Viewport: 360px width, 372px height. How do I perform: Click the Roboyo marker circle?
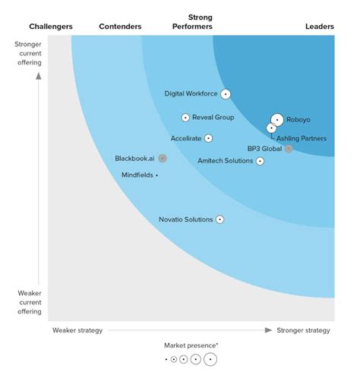(x=277, y=120)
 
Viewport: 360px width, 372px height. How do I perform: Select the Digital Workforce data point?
(x=225, y=94)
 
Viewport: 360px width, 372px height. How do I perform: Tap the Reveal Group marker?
(x=185, y=118)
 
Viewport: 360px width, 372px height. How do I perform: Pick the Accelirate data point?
(x=208, y=138)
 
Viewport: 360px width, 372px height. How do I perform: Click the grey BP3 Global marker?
(x=289, y=149)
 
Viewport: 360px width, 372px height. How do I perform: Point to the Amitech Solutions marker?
(x=261, y=161)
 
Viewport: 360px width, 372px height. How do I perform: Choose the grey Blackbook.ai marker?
(x=163, y=159)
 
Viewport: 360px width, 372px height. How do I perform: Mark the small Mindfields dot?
(x=156, y=175)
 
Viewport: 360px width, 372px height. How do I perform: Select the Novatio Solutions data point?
(x=219, y=219)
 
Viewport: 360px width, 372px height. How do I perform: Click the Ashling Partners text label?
(x=302, y=138)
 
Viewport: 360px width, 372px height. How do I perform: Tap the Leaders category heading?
(x=320, y=27)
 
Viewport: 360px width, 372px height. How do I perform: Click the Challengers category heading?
(x=51, y=27)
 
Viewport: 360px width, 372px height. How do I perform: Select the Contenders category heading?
(x=120, y=27)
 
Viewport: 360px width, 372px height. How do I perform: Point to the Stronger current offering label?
(x=28, y=53)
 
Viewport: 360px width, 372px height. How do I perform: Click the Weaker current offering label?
(x=28, y=301)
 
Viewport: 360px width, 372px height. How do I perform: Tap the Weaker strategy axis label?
(x=77, y=330)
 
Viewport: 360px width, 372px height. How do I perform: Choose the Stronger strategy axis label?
(x=304, y=330)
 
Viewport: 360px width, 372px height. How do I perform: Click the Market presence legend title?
(x=190, y=346)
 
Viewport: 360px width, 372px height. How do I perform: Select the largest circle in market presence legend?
(x=210, y=360)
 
